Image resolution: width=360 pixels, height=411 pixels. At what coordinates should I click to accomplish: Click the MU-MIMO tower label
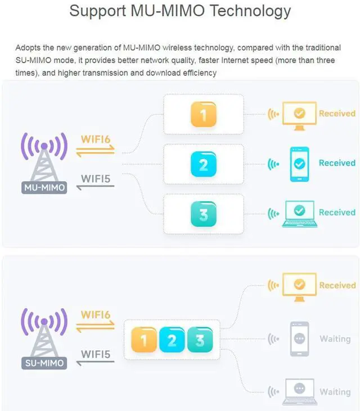pyautogui.click(x=44, y=187)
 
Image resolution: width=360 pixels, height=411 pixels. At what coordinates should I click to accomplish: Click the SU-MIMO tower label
pyautogui.click(x=44, y=363)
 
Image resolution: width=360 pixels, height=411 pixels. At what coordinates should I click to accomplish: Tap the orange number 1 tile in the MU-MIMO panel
pyautogui.click(x=203, y=115)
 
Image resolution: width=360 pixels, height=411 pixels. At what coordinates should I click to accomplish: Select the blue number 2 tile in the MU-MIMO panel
pyautogui.click(x=203, y=164)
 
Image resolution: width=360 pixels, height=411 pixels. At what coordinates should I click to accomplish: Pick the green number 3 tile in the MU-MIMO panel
pyautogui.click(x=203, y=214)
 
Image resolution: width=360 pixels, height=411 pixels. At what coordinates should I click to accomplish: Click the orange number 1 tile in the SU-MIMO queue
pyautogui.click(x=143, y=341)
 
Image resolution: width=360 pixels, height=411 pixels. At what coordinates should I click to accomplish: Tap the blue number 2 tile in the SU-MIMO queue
pyautogui.click(x=172, y=341)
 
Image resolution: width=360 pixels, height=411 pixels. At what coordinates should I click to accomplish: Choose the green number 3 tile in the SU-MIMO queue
pyautogui.click(x=200, y=341)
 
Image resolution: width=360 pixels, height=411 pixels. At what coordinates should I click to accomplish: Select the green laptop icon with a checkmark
pyautogui.click(x=299, y=213)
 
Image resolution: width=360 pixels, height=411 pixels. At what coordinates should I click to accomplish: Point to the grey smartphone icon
pyautogui.click(x=299, y=339)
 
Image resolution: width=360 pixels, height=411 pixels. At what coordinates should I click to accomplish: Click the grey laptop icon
pyautogui.click(x=299, y=390)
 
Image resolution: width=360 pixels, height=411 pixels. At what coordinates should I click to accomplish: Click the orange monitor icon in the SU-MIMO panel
pyautogui.click(x=299, y=286)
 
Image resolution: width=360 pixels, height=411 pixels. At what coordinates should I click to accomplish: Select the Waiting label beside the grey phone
pyautogui.click(x=335, y=339)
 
